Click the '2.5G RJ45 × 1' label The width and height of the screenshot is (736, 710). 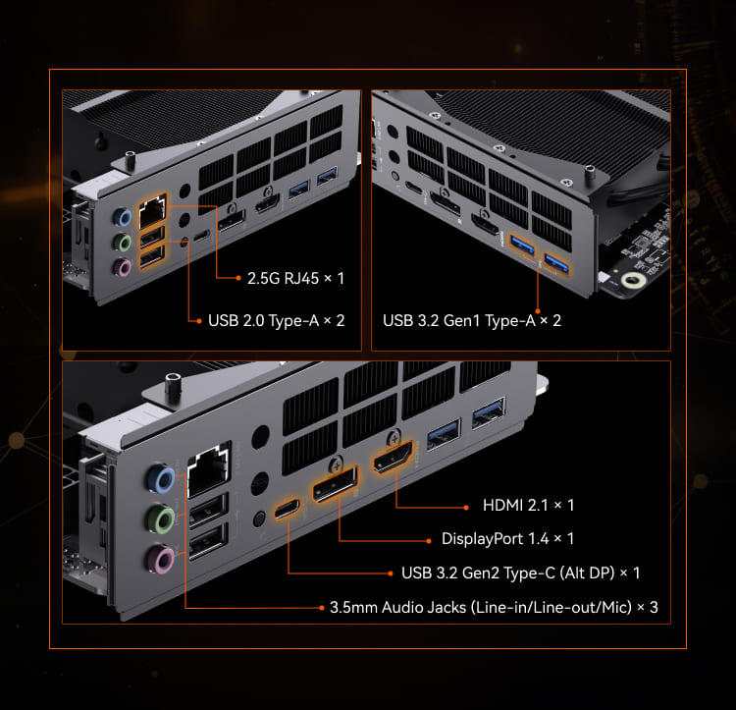click(295, 279)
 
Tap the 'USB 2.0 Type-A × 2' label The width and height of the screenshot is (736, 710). click(277, 321)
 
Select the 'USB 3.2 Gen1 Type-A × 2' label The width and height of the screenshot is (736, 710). click(472, 321)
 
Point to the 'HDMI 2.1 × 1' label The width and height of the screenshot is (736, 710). click(528, 506)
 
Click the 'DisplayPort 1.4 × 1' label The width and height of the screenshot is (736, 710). click(507, 538)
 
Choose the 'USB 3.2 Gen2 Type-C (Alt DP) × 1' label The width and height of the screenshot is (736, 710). click(520, 573)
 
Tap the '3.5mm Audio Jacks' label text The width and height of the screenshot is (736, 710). click(398, 607)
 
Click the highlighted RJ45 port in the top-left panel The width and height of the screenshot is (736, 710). click(152, 211)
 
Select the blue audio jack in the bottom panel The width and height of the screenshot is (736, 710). click(161, 479)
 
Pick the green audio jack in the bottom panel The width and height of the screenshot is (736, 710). click(161, 519)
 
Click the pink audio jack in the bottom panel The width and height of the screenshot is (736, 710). click(160, 559)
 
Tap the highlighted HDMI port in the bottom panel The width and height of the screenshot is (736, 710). click(393, 457)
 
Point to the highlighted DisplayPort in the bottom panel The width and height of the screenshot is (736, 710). click(336, 484)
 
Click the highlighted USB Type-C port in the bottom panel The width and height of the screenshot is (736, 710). click(287, 509)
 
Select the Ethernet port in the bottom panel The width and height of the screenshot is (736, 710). click(209, 470)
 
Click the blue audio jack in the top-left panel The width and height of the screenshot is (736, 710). click(122, 217)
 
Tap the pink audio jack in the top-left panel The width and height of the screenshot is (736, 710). click(122, 267)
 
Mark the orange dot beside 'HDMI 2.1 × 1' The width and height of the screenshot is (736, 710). click(466, 508)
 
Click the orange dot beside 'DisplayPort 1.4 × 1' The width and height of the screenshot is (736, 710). click(429, 541)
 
